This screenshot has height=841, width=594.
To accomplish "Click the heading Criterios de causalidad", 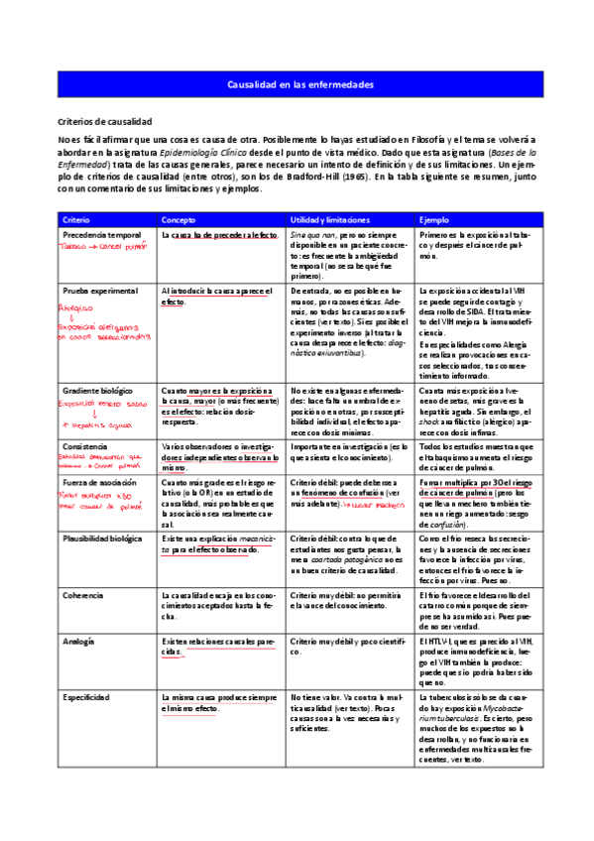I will [104, 119].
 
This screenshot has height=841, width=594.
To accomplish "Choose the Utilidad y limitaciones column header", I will [330, 219].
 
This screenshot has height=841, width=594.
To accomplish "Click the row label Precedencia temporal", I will [101, 235].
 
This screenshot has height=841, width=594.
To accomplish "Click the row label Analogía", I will [78, 642].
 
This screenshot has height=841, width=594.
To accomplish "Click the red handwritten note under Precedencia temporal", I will [103, 248].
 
